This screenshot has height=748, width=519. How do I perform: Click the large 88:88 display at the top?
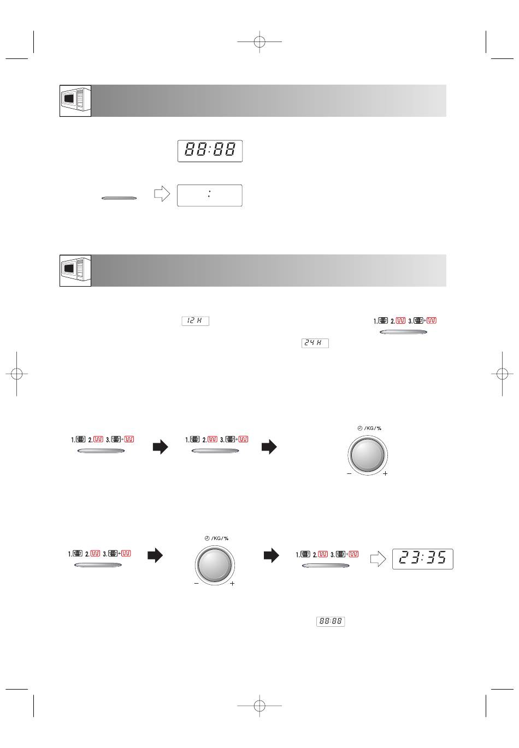pos(210,151)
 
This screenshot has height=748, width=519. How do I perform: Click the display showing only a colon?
pos(210,195)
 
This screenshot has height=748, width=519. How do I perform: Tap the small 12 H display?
pos(195,321)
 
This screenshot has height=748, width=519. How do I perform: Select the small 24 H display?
pos(315,343)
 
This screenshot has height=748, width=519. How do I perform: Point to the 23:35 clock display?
pos(422,559)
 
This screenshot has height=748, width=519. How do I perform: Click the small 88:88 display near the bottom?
pos(331,621)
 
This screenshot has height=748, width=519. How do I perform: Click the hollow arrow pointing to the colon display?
pos(162,194)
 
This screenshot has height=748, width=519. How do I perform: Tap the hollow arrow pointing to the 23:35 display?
pos(378,559)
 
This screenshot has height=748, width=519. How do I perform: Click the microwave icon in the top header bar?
pos(75,101)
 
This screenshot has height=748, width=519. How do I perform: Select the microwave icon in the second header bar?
pos(75,270)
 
